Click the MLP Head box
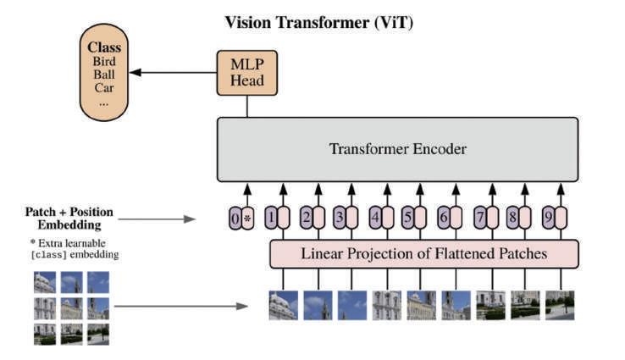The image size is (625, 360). coord(246,73)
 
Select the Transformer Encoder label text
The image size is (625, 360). coord(398,149)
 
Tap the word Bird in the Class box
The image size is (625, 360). coord(104,61)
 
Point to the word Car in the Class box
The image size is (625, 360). coord(104,88)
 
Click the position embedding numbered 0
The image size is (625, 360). coord(235,218)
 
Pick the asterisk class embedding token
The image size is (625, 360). coord(247,218)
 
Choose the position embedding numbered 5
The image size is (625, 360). coord(407,218)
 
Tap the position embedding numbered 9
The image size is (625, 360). coord(549,218)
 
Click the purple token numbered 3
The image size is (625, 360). coord(340,218)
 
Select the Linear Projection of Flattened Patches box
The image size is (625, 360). coord(424,253)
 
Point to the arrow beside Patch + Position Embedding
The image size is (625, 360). coord(157,219)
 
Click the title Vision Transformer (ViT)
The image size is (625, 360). coord(319,22)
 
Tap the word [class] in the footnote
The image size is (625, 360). coord(48,255)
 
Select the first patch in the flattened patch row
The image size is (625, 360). coord(284,306)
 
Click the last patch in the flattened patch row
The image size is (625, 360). coord(560,306)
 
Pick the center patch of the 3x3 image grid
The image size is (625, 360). coord(72,308)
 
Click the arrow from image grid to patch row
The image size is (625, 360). coord(181,306)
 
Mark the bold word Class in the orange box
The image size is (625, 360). coord(104,47)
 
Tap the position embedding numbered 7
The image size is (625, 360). coord(480,218)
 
